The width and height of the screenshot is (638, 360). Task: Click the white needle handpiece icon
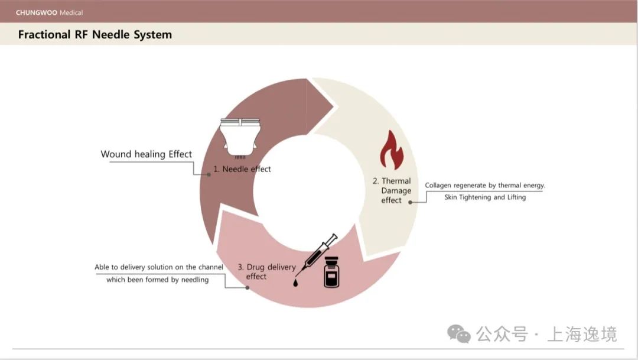point(240,134)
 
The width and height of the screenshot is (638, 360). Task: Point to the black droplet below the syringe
point(295,282)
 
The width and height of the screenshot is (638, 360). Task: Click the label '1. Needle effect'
point(242,169)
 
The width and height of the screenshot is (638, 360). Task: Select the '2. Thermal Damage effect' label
point(392,190)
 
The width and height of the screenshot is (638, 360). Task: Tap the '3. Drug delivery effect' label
point(266,271)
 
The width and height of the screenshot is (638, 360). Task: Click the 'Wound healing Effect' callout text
point(147,154)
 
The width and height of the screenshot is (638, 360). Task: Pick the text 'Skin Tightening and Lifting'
point(485,197)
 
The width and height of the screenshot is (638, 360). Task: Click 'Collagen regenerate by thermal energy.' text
point(485,186)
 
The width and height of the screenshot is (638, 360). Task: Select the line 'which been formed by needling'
point(158,280)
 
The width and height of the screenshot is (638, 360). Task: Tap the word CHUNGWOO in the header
point(37,12)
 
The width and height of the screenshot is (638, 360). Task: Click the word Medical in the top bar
point(71,12)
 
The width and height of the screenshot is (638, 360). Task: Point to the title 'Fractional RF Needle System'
point(95,34)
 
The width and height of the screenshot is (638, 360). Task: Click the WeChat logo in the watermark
point(459,334)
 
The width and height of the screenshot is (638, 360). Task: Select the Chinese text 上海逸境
point(582,334)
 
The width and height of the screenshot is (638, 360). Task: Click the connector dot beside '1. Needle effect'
point(209,174)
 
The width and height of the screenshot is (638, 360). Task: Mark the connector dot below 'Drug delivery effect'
point(248,288)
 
